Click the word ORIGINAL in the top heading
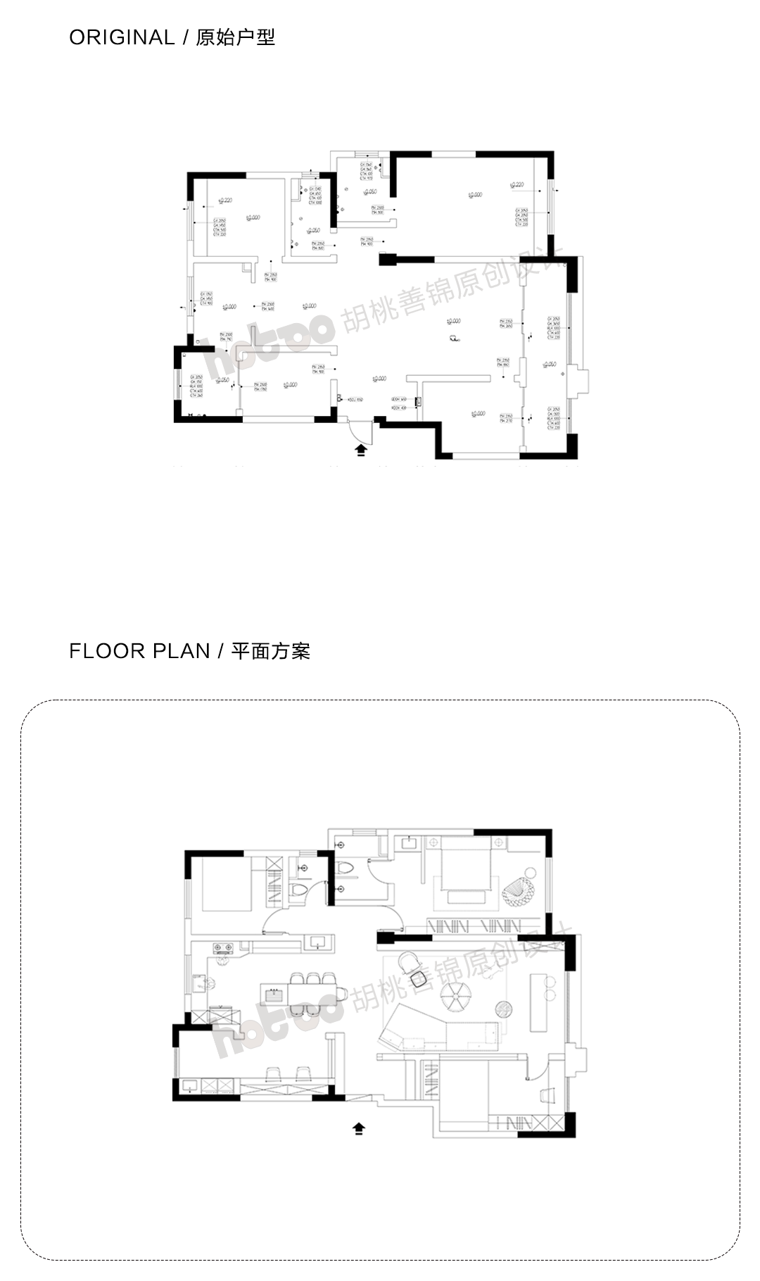click(121, 37)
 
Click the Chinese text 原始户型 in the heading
click(235, 37)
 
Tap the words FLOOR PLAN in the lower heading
click(139, 651)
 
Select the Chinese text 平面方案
click(271, 651)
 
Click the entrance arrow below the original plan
click(361, 450)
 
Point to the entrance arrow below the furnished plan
click(359, 1129)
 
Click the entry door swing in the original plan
click(360, 427)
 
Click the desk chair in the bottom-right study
click(547, 1094)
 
